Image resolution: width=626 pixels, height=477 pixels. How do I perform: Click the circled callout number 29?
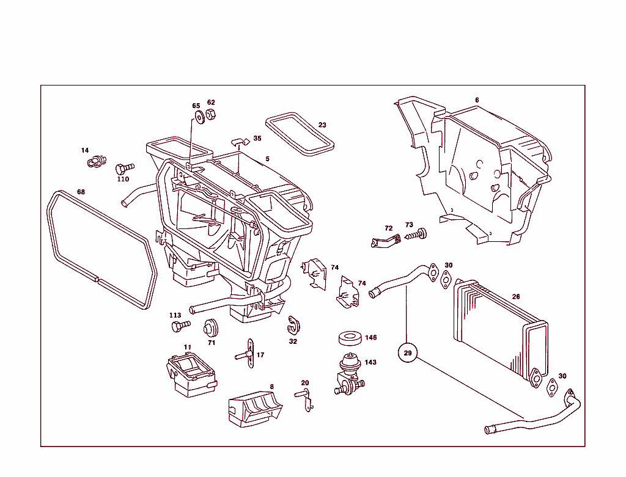click(x=408, y=352)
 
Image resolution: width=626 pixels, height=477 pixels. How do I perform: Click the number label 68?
click(x=81, y=192)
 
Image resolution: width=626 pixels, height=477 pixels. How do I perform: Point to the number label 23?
click(x=322, y=125)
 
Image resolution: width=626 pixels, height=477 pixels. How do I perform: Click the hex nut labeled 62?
click(x=210, y=115)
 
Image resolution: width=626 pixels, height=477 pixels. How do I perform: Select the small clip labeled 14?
click(x=94, y=162)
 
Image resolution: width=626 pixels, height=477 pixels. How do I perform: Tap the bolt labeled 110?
click(x=125, y=167)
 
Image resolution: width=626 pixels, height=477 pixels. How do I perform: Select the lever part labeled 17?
click(x=249, y=354)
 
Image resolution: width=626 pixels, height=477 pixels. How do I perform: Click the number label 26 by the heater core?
click(x=516, y=297)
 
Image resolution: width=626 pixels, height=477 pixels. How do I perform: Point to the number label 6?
click(x=477, y=100)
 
